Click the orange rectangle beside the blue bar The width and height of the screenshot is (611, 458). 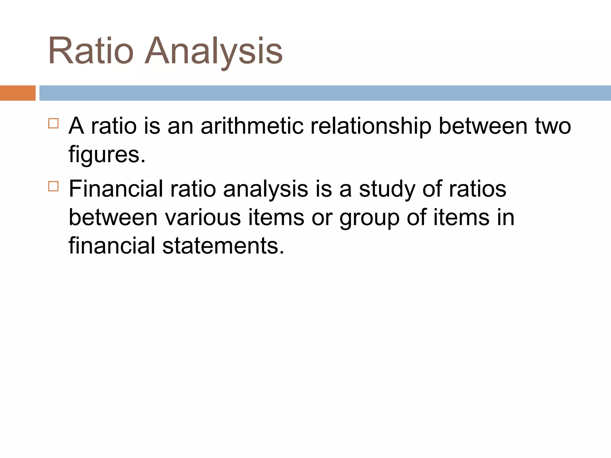click(x=18, y=93)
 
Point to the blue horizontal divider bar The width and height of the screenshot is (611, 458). click(x=325, y=93)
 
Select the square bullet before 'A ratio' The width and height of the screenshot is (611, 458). click(x=53, y=123)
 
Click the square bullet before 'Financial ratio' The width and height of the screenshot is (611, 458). click(x=53, y=186)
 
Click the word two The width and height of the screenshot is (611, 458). click(x=553, y=126)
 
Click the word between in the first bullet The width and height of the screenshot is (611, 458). click(x=483, y=126)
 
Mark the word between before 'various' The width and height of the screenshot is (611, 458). click(x=113, y=217)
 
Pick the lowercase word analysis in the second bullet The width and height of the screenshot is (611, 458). click(x=266, y=189)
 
